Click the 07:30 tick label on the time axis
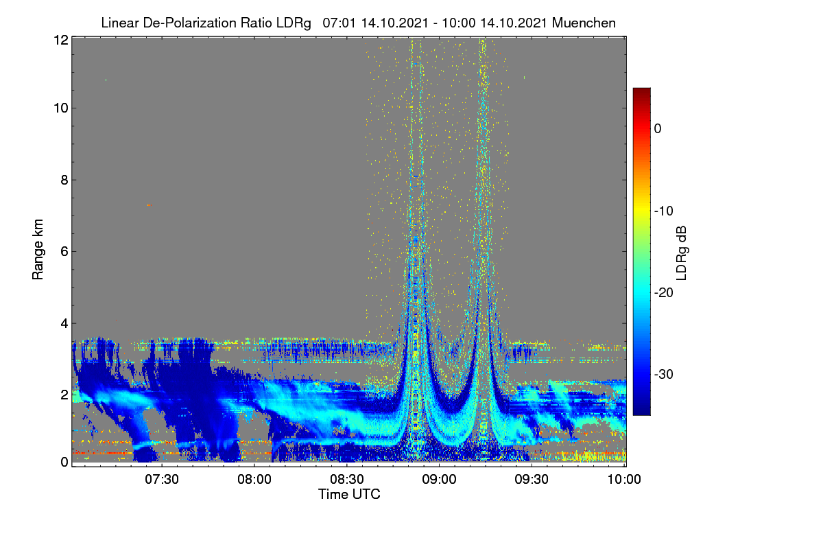click(x=162, y=480)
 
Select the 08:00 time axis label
click(x=254, y=480)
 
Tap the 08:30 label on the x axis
click(x=347, y=480)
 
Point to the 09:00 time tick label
click(x=439, y=480)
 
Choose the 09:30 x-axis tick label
click(x=532, y=480)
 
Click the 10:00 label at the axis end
click(x=624, y=480)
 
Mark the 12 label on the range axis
click(x=61, y=40)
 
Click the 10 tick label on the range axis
click(x=61, y=108)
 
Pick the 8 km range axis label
click(x=64, y=180)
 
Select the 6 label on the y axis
click(x=64, y=252)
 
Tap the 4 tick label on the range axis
click(x=64, y=324)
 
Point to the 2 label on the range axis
click(x=64, y=395)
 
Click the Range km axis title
click(x=38, y=250)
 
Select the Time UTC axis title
click(x=349, y=494)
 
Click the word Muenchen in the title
click(x=584, y=23)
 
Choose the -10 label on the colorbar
click(x=664, y=211)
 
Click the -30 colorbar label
click(x=664, y=374)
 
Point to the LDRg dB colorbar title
click(x=681, y=253)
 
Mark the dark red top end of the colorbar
click(x=641, y=89)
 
